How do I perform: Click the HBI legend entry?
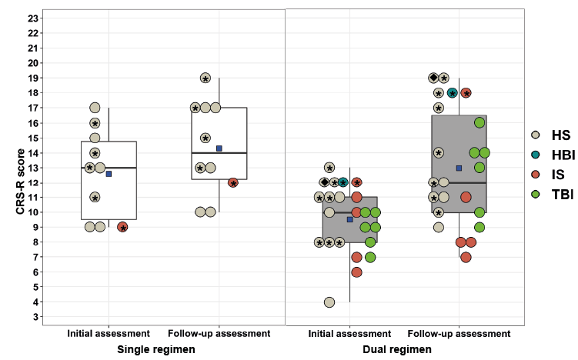[x=553, y=155]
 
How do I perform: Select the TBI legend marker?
[x=536, y=194]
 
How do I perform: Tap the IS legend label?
[x=558, y=175]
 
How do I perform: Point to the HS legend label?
[x=561, y=135]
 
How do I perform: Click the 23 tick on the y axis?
[x=33, y=18]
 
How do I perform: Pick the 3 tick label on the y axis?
[x=35, y=317]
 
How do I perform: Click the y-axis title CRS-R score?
[x=20, y=182]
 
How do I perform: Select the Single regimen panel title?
[x=156, y=349]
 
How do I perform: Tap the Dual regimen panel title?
[x=397, y=349]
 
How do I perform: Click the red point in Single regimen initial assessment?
[x=122, y=228]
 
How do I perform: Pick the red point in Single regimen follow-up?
[x=233, y=183]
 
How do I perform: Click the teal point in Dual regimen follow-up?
[x=453, y=93]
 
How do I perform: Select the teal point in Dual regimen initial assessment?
[x=343, y=182]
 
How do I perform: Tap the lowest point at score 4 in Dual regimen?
[x=329, y=302]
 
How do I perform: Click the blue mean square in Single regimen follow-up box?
[x=219, y=148]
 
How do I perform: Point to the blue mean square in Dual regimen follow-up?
[x=459, y=168]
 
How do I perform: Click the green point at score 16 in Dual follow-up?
[x=479, y=123]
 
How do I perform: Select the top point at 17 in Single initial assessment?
[x=95, y=108]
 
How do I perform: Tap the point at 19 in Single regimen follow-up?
[x=205, y=78]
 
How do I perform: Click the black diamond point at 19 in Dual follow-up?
[x=433, y=78]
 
